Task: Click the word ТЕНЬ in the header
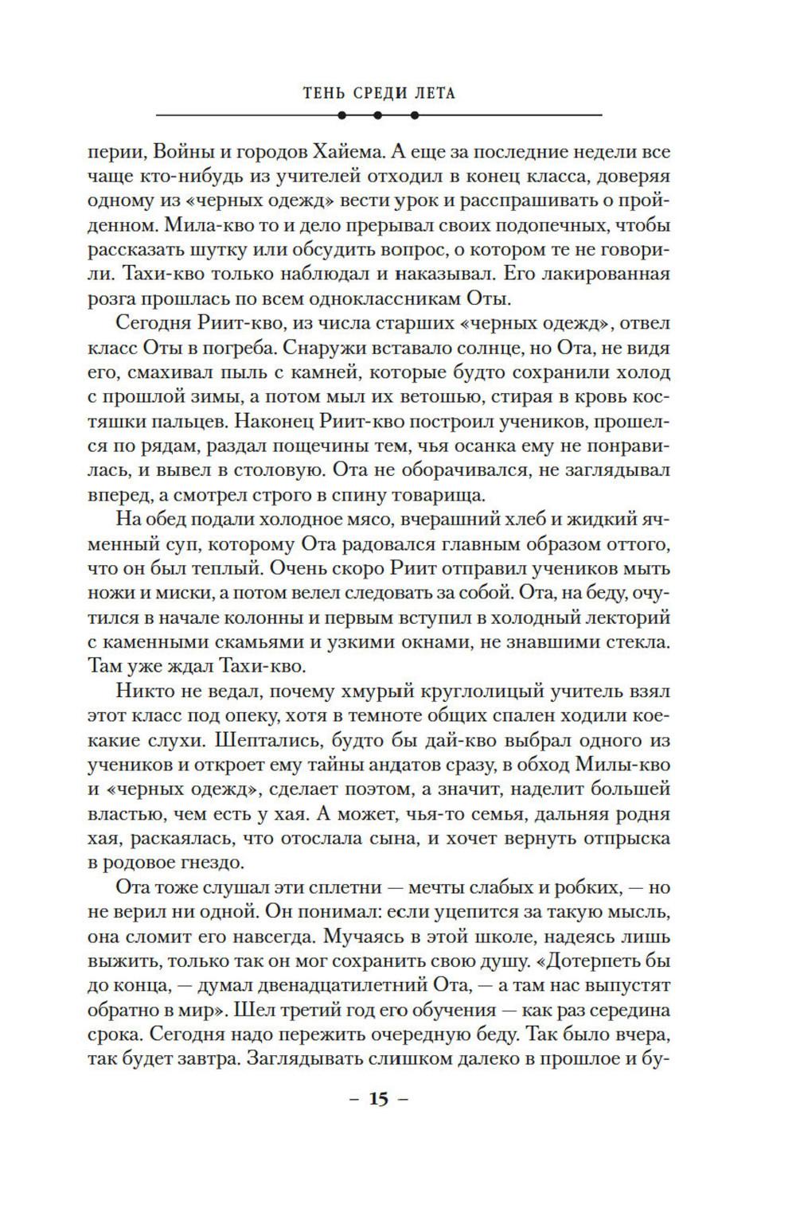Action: [323, 93]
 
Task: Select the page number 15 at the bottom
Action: [378, 1101]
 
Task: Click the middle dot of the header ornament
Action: [378, 115]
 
